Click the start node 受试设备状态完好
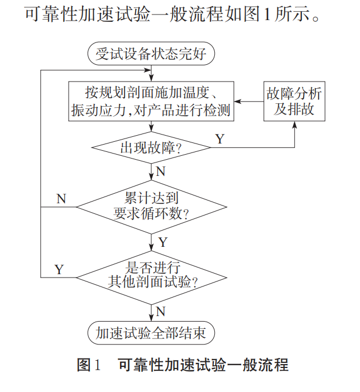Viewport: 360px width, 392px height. coord(151,54)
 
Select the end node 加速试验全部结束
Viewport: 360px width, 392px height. coord(151,333)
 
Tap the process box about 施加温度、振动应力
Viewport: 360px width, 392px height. coord(151,101)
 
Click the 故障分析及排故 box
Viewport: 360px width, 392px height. coord(294,101)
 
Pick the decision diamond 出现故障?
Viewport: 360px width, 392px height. coord(151,149)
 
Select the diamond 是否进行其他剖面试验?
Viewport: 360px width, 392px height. coord(151,276)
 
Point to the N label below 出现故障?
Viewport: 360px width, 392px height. coord(161,171)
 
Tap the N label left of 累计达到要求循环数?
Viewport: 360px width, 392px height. coord(61,199)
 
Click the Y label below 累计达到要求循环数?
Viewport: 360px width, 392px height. coord(162,242)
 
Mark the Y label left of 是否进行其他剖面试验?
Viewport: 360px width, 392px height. coord(59,269)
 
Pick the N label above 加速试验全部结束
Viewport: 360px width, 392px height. coord(161,311)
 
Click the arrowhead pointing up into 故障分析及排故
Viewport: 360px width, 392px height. coord(294,125)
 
